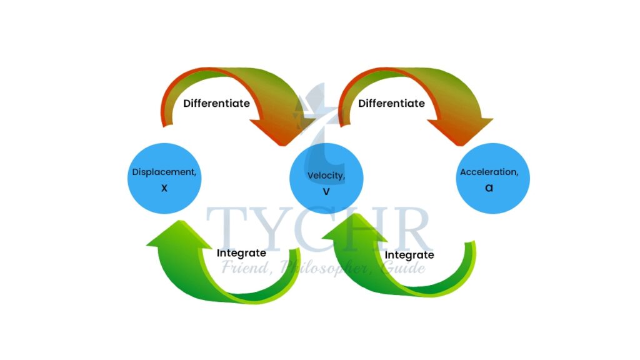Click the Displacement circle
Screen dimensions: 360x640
tap(164, 179)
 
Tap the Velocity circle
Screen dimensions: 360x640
tap(326, 179)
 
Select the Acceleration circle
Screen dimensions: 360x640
tap(489, 179)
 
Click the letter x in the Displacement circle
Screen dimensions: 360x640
tap(164, 187)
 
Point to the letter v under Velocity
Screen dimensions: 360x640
tap(326, 191)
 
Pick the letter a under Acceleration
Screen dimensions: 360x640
tap(489, 187)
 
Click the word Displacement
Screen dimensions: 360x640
tap(164, 172)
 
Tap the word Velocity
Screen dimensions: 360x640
tap(326, 176)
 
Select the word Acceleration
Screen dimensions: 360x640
tap(489, 172)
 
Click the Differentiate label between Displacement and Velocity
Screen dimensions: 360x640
tap(216, 103)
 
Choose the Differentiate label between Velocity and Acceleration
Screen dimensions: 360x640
tap(391, 103)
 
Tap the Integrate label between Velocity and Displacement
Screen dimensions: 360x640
tap(241, 253)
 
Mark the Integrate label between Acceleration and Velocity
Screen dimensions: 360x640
tap(409, 255)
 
